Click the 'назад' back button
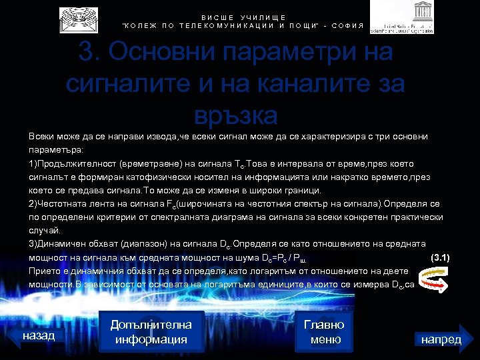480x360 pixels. point(39,335)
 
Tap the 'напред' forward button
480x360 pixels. point(441,339)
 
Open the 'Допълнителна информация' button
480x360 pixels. point(151,332)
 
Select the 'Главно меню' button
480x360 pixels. point(324,332)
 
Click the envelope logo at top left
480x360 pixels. point(78,19)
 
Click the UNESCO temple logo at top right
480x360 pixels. point(401,17)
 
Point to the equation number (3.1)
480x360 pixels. point(441,257)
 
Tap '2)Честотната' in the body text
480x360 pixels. point(57,203)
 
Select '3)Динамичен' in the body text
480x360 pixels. point(57,243)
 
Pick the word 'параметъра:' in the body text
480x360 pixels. point(55,150)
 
